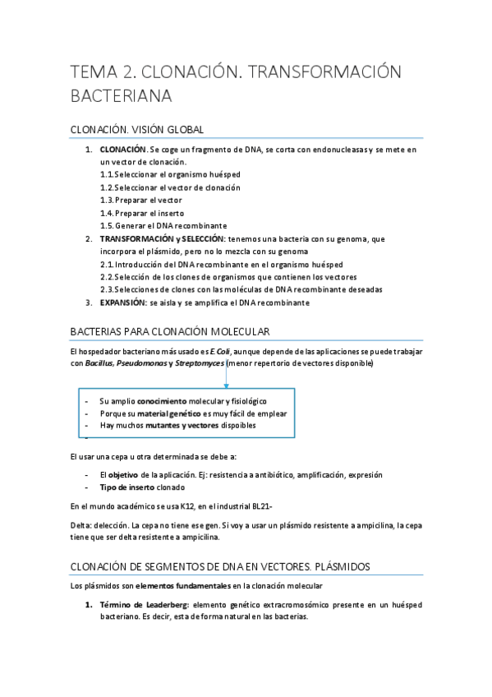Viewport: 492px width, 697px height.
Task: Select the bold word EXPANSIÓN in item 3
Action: (122, 302)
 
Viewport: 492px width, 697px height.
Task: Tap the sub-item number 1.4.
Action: (106, 213)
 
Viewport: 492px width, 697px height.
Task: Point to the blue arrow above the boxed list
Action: (226, 379)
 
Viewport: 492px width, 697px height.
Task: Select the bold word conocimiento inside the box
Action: (163, 401)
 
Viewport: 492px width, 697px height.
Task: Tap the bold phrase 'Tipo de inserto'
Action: (127, 487)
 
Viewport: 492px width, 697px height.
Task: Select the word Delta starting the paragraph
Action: (80, 524)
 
